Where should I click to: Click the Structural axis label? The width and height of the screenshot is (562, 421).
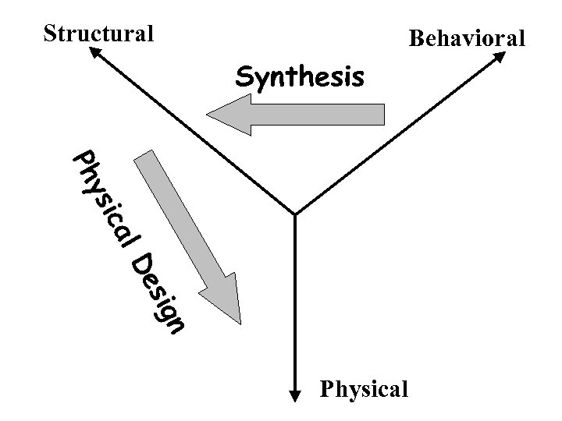coord(98,34)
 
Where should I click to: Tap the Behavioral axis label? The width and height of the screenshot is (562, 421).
coord(468,37)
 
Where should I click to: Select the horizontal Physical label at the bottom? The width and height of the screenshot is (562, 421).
coord(365,387)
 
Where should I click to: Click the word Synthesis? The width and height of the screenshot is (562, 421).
coord(300,76)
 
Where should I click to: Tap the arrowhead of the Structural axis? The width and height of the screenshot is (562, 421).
coord(93,51)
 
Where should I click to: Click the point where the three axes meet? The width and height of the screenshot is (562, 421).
coord(294,214)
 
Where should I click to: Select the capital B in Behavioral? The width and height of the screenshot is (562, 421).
coord(417,37)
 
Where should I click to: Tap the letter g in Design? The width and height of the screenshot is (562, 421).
coord(166,311)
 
